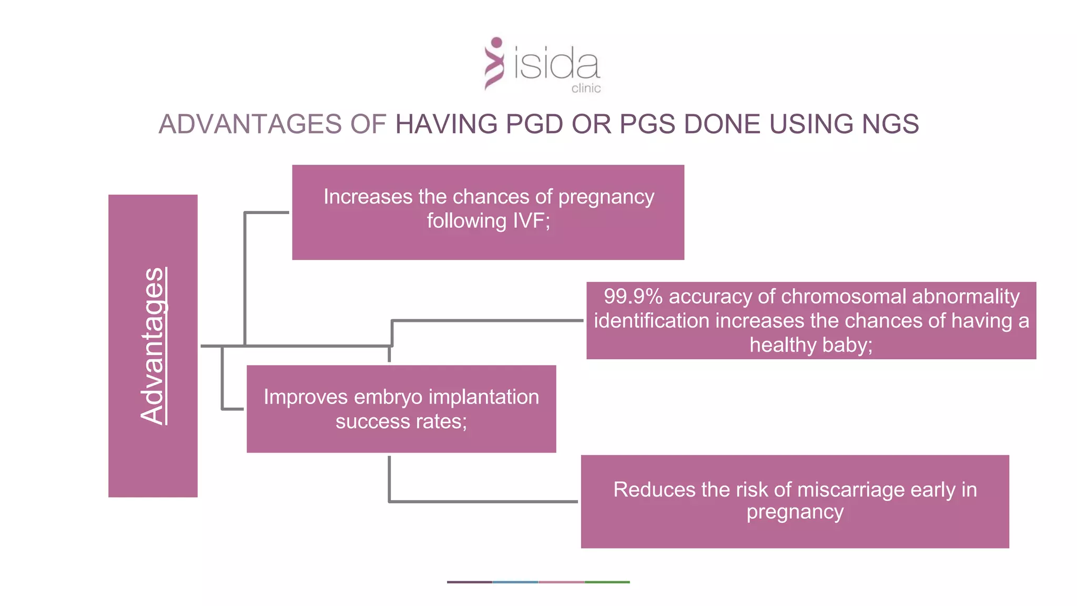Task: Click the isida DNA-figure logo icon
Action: (x=494, y=63)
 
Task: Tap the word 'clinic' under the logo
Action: (x=586, y=88)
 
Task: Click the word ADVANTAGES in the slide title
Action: (x=250, y=124)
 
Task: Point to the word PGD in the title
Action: (x=534, y=124)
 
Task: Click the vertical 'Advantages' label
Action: (x=153, y=346)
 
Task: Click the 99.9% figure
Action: (x=633, y=297)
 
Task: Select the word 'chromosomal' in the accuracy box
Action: (x=844, y=297)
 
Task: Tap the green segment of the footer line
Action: (x=607, y=582)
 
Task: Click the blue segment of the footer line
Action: (x=515, y=582)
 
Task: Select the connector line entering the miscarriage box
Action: (x=484, y=501)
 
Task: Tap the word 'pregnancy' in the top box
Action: (x=606, y=197)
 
